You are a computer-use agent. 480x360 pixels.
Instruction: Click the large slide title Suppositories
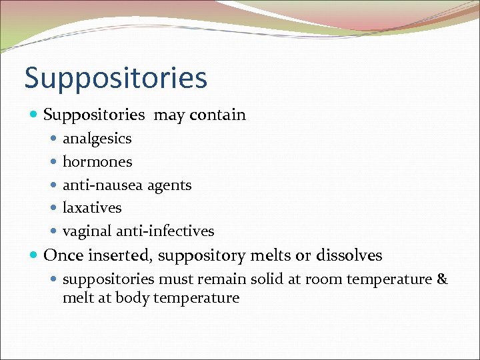coord(116,79)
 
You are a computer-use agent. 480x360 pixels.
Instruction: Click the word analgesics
coord(97,139)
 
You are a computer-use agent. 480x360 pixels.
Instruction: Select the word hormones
coord(97,162)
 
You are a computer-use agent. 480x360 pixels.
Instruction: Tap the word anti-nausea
coord(95,185)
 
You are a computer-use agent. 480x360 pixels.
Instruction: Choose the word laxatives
coord(92,208)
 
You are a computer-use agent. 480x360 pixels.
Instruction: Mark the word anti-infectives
coord(165,231)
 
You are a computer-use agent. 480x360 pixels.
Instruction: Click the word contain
coord(217,115)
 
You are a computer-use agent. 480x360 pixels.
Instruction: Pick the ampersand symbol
coord(442,279)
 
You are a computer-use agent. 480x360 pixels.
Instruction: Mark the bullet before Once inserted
coord(34,255)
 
